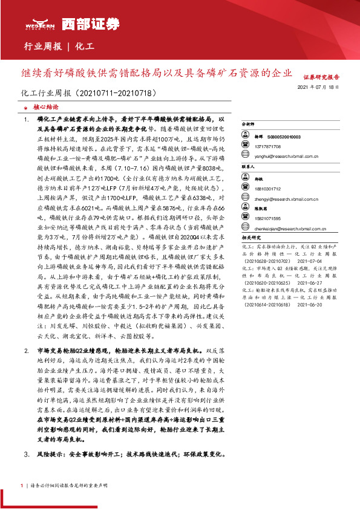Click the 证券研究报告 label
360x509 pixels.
[x=321, y=77]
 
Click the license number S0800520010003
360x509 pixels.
[x=289, y=138]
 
